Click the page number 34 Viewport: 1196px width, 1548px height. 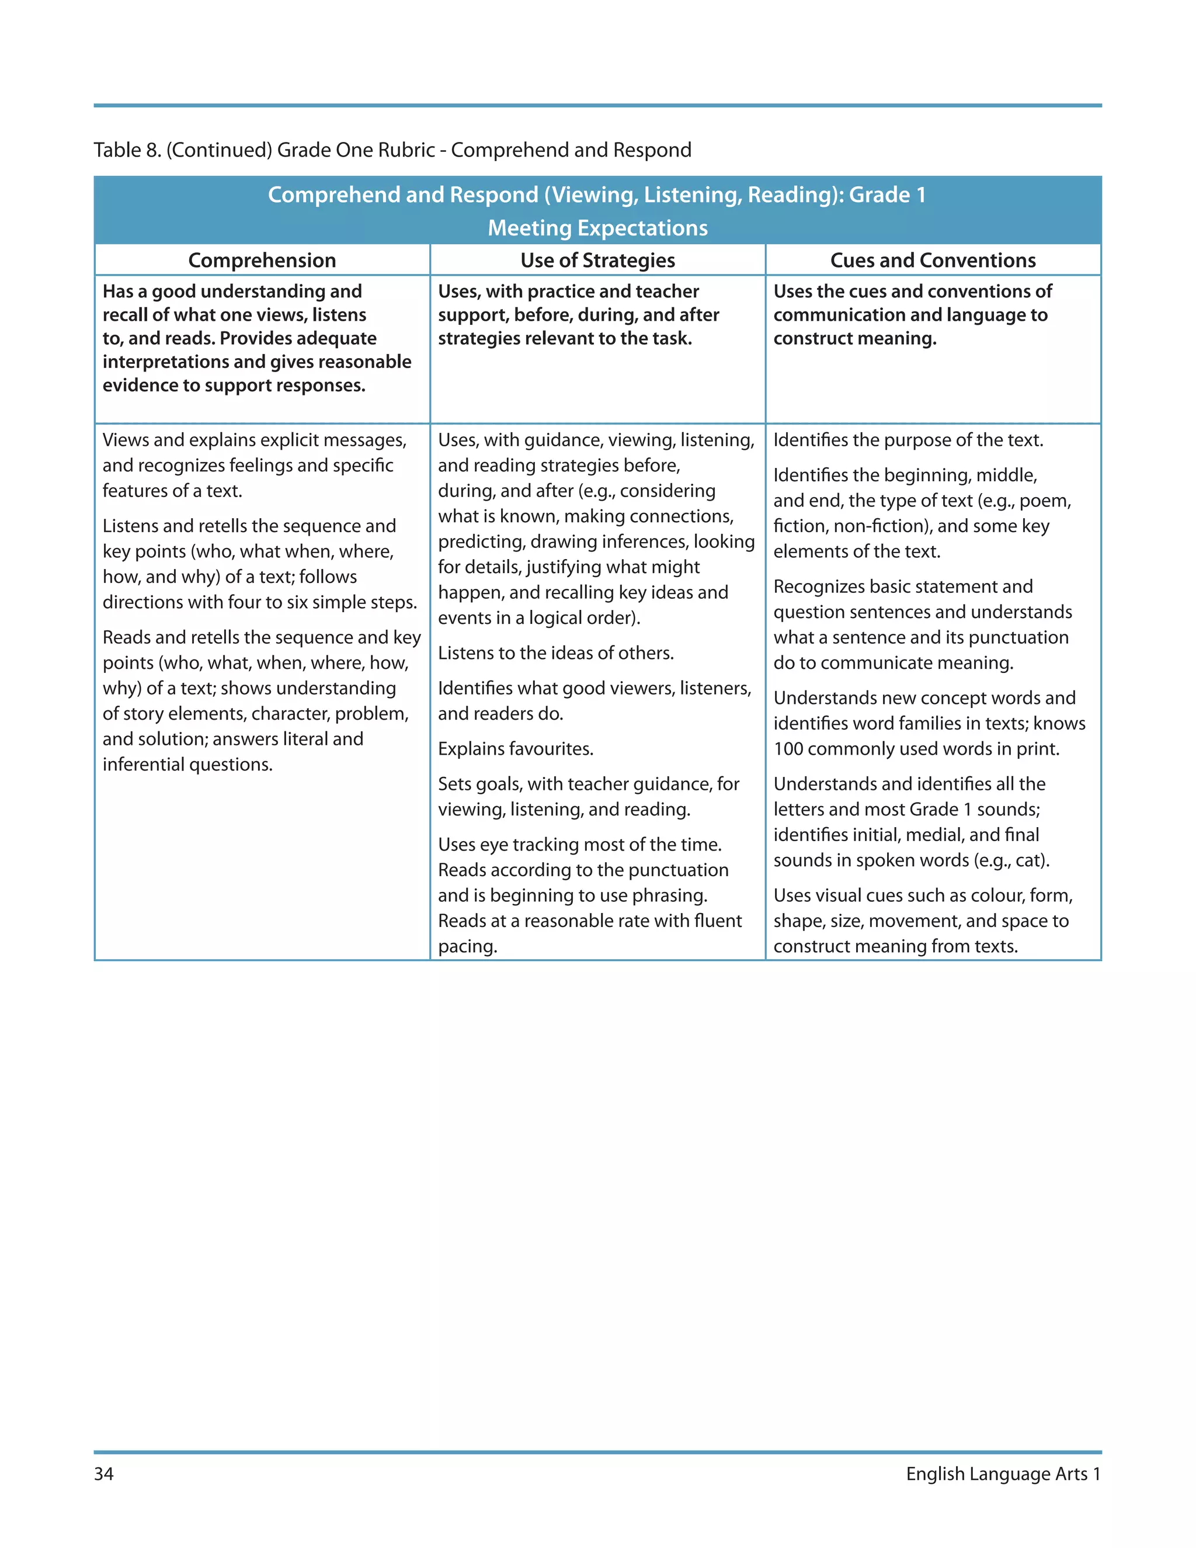pyautogui.click(x=103, y=1474)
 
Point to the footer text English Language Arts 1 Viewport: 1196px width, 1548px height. pyautogui.click(x=1003, y=1474)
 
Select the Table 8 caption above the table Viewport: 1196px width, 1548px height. pyautogui.click(x=392, y=150)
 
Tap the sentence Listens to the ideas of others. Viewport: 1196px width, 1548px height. pyautogui.click(x=555, y=653)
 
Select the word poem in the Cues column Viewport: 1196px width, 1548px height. pyautogui.click(x=1043, y=501)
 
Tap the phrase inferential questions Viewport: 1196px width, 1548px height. pyautogui.click(x=187, y=764)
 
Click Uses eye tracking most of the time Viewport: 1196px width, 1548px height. pyautogui.click(x=579, y=844)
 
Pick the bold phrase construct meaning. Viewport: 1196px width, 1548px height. pyautogui.click(x=854, y=338)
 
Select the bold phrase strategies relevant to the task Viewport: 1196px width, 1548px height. pyautogui.click(x=564, y=338)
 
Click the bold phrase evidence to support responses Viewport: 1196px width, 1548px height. pyautogui.click(x=233, y=385)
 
